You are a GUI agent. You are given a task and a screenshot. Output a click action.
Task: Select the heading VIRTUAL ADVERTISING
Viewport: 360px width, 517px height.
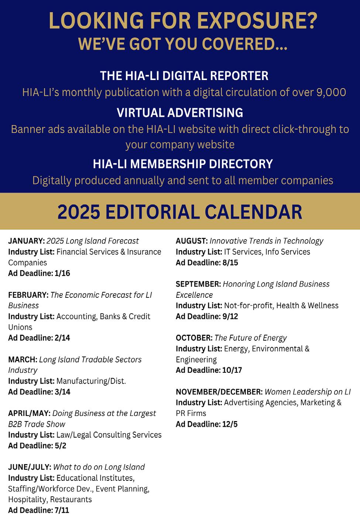tap(180, 113)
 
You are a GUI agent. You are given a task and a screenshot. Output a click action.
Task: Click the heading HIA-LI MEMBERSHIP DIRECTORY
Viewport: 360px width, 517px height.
tap(183, 163)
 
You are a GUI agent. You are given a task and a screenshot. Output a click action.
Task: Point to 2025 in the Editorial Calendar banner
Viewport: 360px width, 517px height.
tap(79, 212)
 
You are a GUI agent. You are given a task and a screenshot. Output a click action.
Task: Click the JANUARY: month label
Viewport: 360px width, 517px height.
tap(26, 241)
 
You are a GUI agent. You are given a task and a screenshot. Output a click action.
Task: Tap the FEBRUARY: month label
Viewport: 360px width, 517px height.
tap(28, 295)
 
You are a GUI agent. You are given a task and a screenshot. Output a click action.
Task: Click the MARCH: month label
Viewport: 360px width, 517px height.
tap(22, 359)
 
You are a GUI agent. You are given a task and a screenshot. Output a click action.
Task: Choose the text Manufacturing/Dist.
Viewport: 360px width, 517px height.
tap(91, 381)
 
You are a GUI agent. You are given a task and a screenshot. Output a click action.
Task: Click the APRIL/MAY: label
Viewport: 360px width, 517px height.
tap(29, 413)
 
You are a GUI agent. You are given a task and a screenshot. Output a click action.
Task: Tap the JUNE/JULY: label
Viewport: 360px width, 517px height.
tap(30, 467)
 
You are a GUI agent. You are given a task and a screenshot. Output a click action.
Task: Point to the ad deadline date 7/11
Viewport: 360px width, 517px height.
tap(62, 510)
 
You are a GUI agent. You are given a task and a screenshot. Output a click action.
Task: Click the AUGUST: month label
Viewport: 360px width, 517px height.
tap(191, 241)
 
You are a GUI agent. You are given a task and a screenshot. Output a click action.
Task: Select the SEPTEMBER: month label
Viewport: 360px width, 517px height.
tap(198, 284)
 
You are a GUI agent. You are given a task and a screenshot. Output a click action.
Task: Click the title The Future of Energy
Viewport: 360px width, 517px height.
tap(250, 338)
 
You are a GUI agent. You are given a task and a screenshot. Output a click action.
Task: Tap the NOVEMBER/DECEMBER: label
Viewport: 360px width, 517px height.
tap(219, 392)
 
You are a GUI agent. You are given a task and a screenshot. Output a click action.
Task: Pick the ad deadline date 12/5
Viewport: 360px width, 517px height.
tap(230, 424)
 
